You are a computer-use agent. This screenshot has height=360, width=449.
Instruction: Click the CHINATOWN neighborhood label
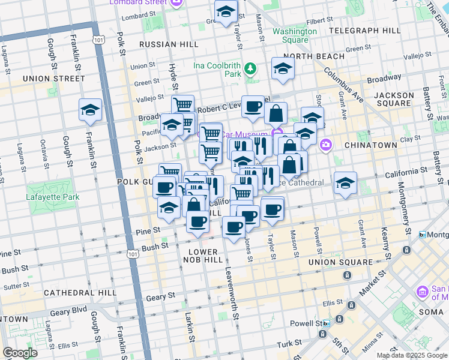tap(370, 145)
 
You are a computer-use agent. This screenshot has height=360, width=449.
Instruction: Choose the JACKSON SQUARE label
tap(394, 99)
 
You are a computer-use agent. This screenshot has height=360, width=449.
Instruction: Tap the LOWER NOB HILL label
tap(205, 255)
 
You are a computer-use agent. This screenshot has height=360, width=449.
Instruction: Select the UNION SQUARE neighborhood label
tap(340, 262)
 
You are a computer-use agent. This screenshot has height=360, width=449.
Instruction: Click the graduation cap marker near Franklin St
tap(90, 110)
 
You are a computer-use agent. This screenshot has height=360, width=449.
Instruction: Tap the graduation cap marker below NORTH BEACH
tap(283, 69)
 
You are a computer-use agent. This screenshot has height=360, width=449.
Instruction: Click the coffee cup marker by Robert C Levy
tap(253, 107)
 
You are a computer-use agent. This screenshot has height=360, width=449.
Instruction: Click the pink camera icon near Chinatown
tap(326, 144)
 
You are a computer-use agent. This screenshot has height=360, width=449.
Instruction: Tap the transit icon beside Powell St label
tap(326, 323)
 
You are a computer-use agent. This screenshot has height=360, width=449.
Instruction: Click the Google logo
tap(20, 353)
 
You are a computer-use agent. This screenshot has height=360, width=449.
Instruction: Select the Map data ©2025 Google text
tap(411, 355)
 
